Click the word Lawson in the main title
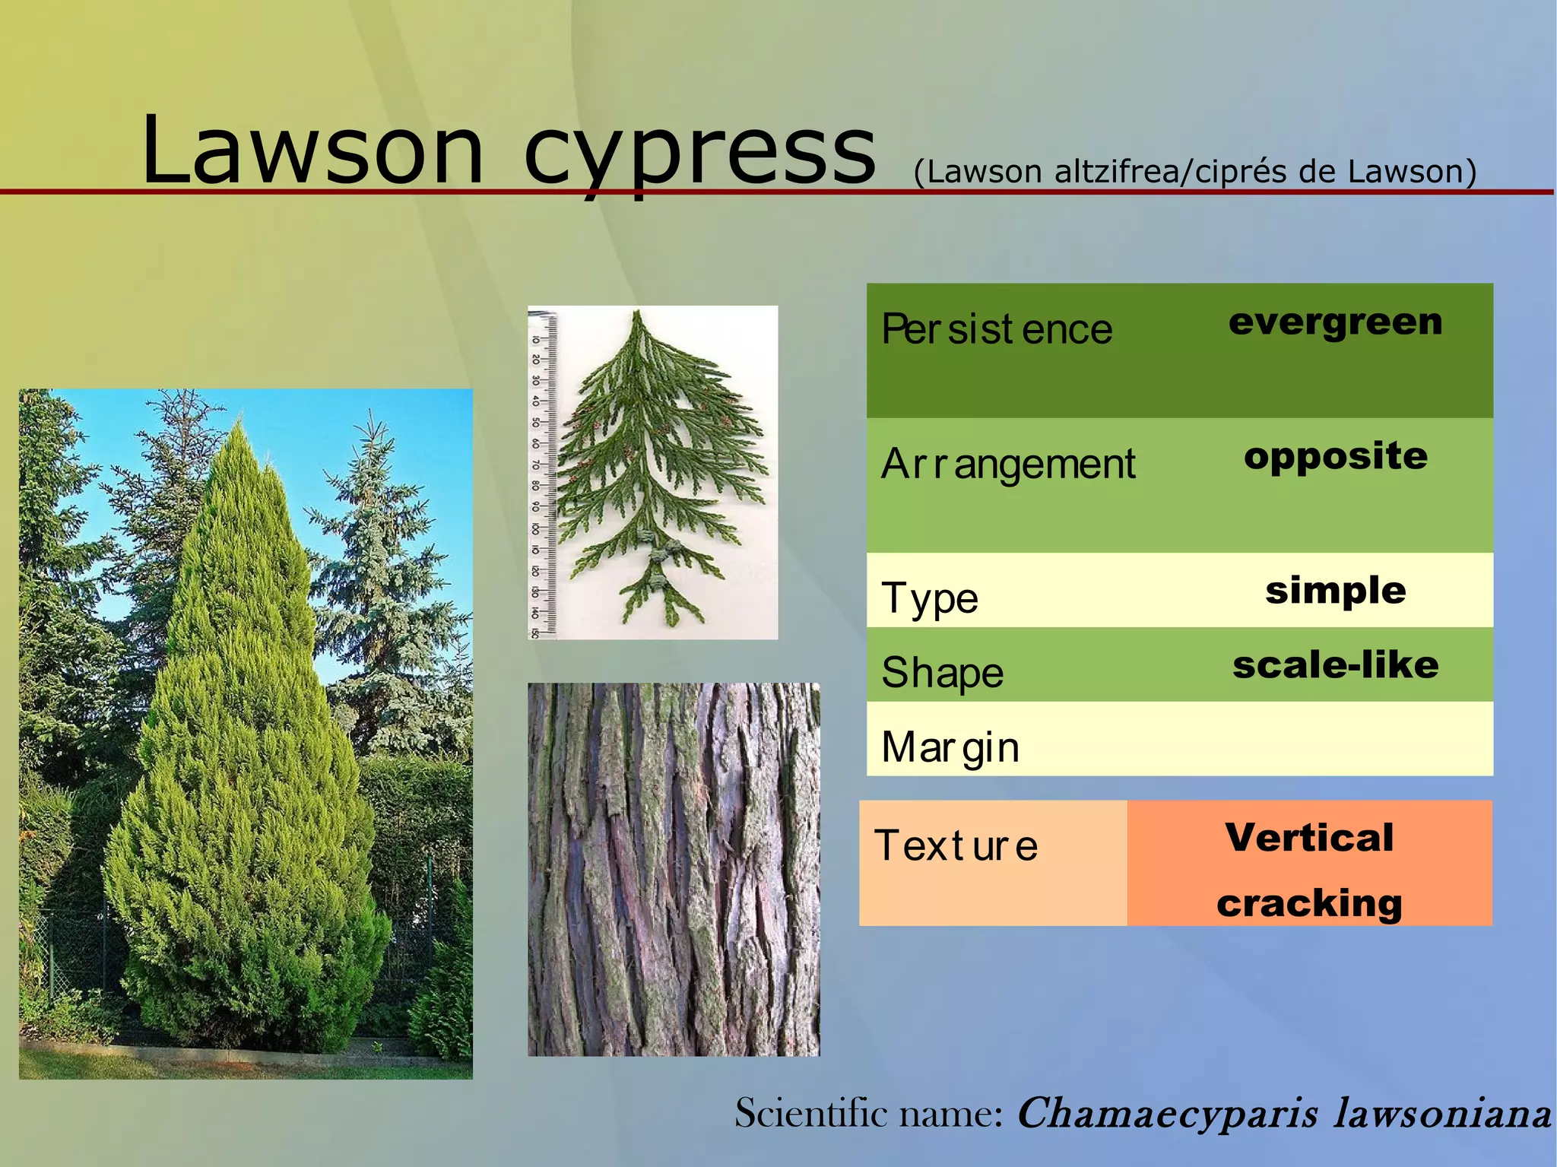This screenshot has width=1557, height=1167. tap(312, 150)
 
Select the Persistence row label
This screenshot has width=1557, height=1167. tap(996, 330)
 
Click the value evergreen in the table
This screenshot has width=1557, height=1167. tap(1335, 322)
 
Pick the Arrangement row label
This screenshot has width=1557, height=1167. tap(1007, 464)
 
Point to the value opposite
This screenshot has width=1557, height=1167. tap(1335, 456)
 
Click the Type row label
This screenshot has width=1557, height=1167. tap(929, 598)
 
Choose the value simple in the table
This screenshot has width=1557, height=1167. tap(1335, 591)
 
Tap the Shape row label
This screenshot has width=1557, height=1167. tap(942, 673)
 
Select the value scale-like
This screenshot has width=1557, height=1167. tap(1335, 665)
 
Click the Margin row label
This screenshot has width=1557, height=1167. tap(950, 747)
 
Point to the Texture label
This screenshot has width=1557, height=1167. tap(956, 846)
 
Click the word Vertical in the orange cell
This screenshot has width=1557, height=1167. tap(1309, 838)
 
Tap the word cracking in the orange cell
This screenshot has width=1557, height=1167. tap(1309, 903)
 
